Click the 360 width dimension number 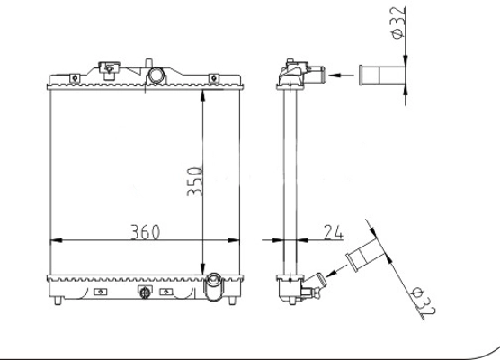pos(143,232)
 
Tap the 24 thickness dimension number pos(333,232)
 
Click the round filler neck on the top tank pos(156,74)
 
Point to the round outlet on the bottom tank pos(213,287)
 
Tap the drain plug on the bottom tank pos(143,292)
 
